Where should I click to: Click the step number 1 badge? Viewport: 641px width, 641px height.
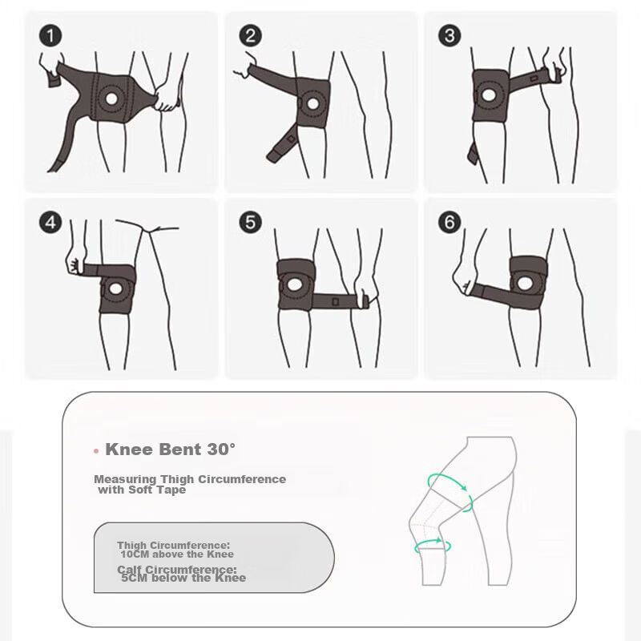[x=50, y=36]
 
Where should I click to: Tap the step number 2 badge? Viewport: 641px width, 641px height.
[x=250, y=35]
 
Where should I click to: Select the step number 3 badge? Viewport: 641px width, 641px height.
[x=450, y=35]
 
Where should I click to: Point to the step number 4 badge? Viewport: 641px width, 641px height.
[x=50, y=223]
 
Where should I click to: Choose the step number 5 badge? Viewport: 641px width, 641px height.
[x=250, y=223]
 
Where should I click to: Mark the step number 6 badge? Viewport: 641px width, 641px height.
[x=450, y=223]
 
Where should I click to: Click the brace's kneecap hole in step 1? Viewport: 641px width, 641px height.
[x=111, y=98]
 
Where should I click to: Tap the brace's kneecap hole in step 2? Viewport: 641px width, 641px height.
[x=312, y=103]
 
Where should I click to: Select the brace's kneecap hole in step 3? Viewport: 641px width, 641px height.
[x=489, y=95]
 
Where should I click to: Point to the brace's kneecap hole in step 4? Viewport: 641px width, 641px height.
[x=115, y=289]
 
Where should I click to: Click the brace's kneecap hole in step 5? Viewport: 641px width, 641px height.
[x=293, y=285]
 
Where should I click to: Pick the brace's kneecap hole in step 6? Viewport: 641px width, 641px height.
[x=524, y=283]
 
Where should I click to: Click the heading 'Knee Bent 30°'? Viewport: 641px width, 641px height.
[x=171, y=450]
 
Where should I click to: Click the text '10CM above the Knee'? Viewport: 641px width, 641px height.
[x=177, y=554]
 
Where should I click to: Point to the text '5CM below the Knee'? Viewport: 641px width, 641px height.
[x=183, y=578]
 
